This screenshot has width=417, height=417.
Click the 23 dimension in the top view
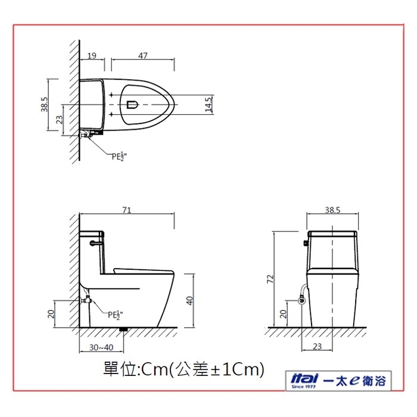coord(58,120)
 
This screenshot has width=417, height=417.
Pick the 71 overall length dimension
coord(126,210)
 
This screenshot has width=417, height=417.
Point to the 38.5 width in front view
coord(332,210)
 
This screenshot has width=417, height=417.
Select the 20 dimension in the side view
coord(51,313)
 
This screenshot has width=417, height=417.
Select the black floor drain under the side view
coord(123,329)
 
